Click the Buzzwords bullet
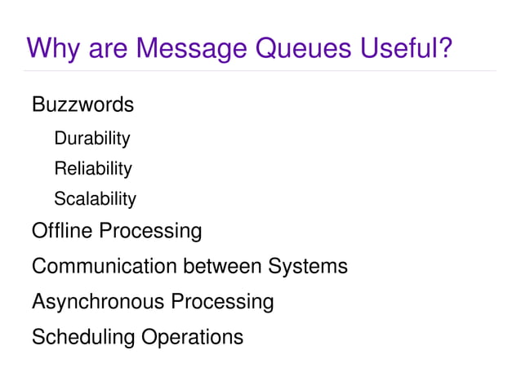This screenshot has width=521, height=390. pyautogui.click(x=82, y=105)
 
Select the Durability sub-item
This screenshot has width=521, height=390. pyautogui.click(x=91, y=139)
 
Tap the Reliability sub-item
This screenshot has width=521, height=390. pyautogui.click(x=92, y=169)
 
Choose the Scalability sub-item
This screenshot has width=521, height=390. pyautogui.click(x=95, y=199)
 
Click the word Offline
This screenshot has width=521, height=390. pyautogui.click(x=62, y=231)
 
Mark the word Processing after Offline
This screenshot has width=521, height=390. pyautogui.click(x=150, y=232)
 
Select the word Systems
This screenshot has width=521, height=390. pyautogui.click(x=308, y=267)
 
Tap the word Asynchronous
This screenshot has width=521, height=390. pyautogui.click(x=98, y=302)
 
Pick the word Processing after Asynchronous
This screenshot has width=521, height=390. pyautogui.click(x=222, y=302)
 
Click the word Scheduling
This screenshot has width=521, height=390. pyautogui.click(x=83, y=337)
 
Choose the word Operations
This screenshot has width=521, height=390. pyautogui.click(x=193, y=337)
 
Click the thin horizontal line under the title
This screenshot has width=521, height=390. pyautogui.click(x=260, y=71)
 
